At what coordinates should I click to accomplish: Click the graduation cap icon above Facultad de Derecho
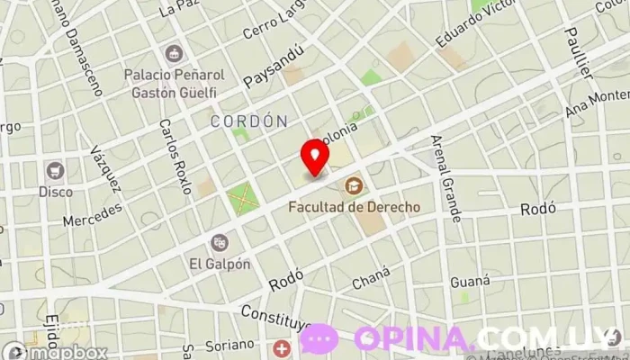pyautogui.click(x=354, y=186)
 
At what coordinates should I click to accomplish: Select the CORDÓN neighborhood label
pyautogui.click(x=248, y=121)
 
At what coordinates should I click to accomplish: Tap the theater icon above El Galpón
pyautogui.click(x=219, y=242)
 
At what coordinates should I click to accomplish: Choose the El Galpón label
pyautogui.click(x=219, y=264)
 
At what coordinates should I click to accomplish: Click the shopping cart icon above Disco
pyautogui.click(x=56, y=170)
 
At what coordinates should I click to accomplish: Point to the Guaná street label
pyautogui.click(x=470, y=281)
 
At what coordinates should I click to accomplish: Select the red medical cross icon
pyautogui.click(x=283, y=348)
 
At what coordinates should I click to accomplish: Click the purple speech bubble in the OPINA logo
pyautogui.click(x=319, y=338)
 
